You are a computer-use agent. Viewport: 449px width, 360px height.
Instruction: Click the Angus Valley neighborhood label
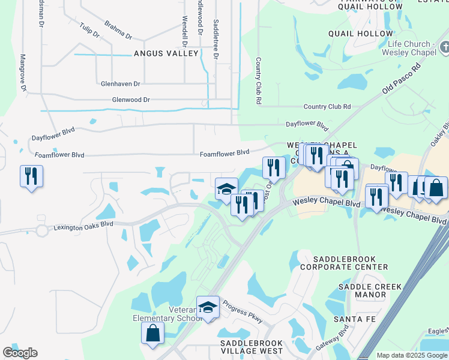coord(166,53)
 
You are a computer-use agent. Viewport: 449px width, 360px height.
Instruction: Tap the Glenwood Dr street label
coord(130,100)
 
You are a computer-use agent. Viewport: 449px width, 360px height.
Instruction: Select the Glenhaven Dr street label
coord(121,84)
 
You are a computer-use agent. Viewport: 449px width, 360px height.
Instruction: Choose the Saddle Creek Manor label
coord(362,290)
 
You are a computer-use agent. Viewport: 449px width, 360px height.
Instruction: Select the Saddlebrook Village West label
coord(243,346)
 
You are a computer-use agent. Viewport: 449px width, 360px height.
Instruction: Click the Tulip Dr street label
coord(89,30)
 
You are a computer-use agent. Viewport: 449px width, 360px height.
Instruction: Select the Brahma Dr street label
coord(118,32)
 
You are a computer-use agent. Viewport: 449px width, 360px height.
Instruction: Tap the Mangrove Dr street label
coord(23,73)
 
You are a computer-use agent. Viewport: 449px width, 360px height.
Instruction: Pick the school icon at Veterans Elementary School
coord(208,307)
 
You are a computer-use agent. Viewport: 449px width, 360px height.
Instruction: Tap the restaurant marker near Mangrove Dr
coord(31,176)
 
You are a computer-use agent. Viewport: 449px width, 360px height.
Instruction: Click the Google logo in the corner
coord(20,353)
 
